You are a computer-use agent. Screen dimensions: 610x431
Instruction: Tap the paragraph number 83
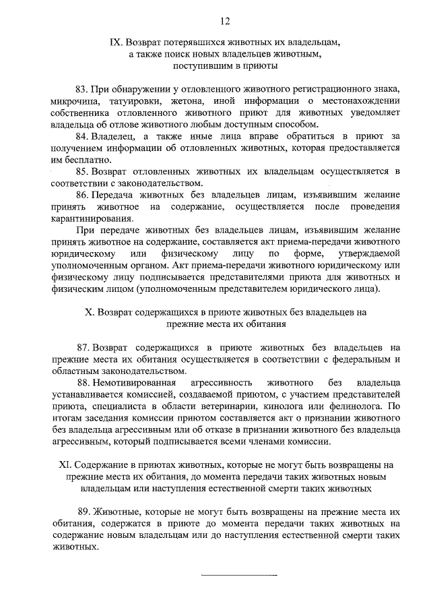pos(81,90)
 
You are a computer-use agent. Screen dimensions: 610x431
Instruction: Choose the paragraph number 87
pos(83,347)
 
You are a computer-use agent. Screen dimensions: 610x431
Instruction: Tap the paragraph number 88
pos(83,383)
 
